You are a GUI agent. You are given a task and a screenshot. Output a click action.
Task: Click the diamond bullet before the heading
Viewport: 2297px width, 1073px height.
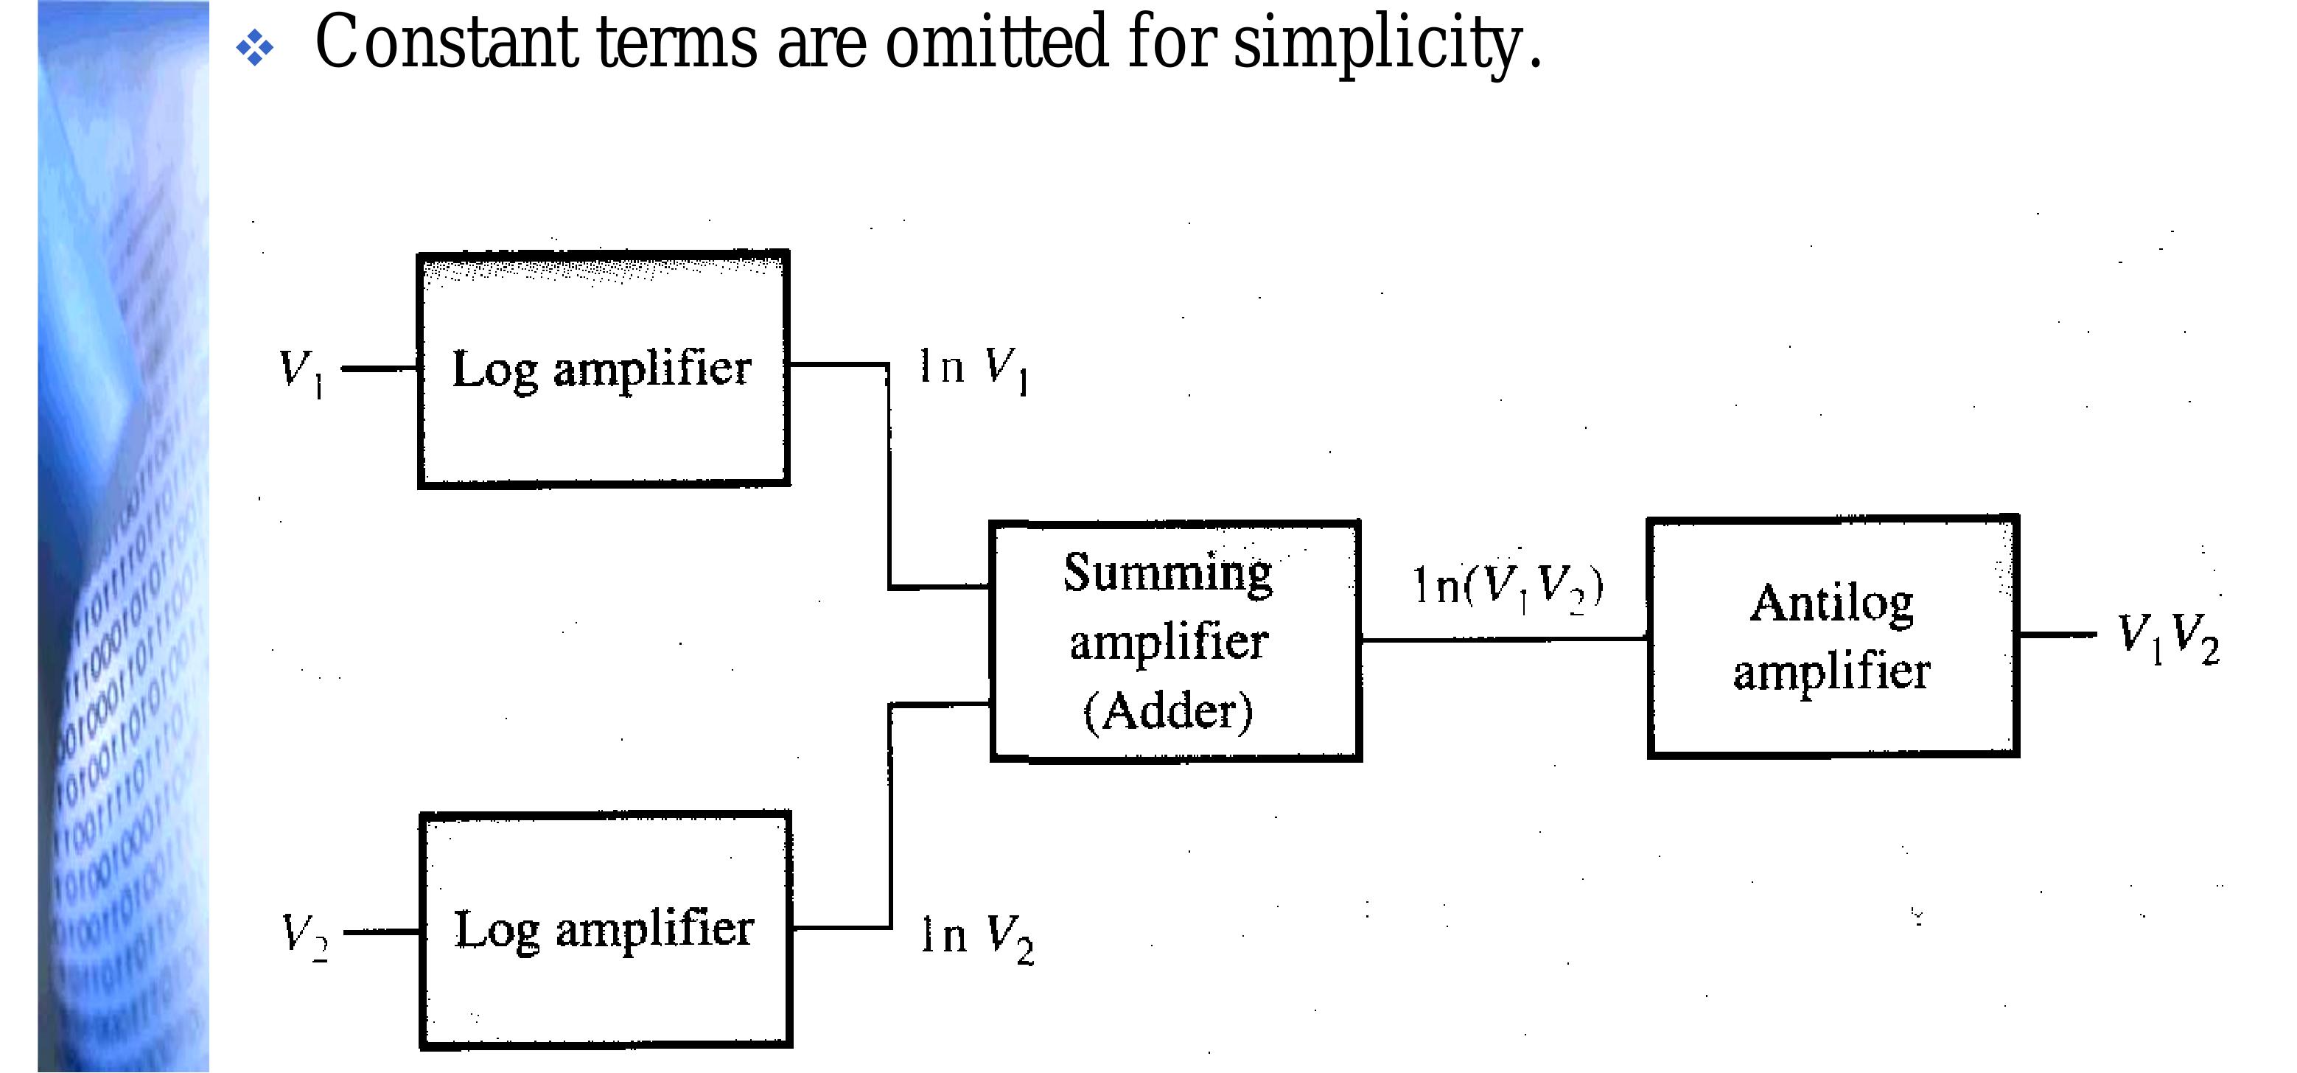click(x=255, y=47)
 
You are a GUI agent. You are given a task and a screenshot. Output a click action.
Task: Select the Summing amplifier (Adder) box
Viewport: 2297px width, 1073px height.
click(x=1175, y=640)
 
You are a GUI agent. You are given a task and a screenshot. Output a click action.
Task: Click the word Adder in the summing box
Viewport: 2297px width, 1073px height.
click(x=1168, y=711)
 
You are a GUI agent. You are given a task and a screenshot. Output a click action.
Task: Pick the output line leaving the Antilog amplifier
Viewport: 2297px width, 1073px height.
click(x=2057, y=635)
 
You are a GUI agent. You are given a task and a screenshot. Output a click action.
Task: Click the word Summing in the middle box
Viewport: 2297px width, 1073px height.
click(x=1167, y=573)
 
